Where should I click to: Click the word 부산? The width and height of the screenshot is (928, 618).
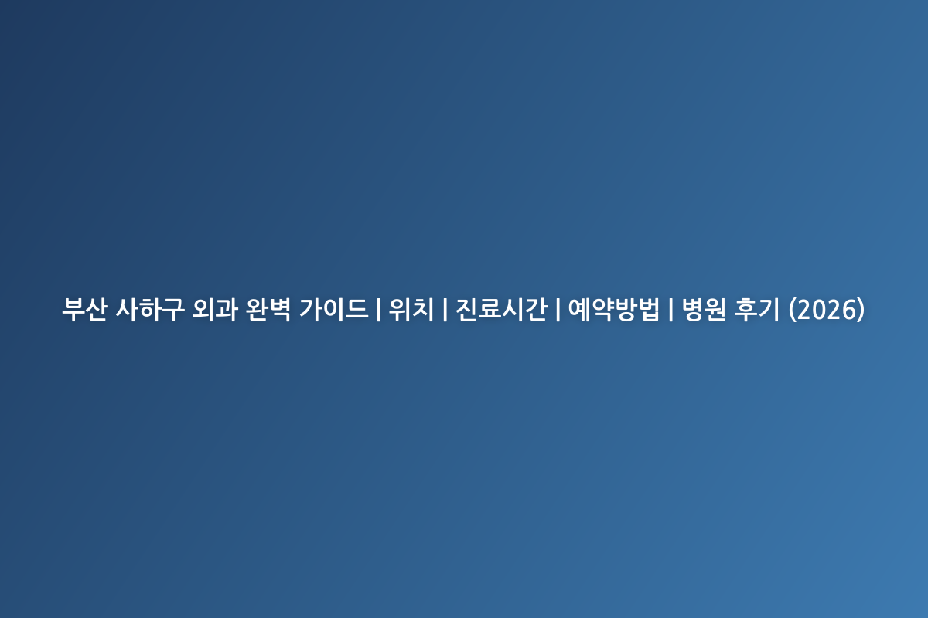[x=85, y=310]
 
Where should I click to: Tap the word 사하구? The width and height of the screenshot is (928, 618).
[x=150, y=310]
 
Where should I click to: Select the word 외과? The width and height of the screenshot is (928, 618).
[x=215, y=310]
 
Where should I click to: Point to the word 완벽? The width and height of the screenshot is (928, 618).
[x=268, y=310]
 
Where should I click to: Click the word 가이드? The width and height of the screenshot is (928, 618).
[x=333, y=310]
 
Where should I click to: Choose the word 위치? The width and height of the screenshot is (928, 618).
[x=411, y=310]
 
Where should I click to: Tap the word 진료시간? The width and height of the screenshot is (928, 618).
[x=501, y=310]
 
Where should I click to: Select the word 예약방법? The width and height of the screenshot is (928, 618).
[x=613, y=310]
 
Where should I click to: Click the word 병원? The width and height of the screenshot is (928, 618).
[x=704, y=310]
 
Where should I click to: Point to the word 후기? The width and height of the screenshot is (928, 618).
[x=756, y=310]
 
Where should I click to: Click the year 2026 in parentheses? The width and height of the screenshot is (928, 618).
[x=827, y=310]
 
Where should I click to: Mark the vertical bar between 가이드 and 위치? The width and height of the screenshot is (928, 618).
[x=378, y=310]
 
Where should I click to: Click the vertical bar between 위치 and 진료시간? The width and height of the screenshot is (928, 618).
[x=445, y=310]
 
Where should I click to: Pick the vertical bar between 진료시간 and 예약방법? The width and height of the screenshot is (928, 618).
[x=558, y=310]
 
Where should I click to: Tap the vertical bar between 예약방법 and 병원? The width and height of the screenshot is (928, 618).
[x=670, y=310]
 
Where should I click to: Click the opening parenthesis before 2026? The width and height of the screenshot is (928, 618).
[x=792, y=310]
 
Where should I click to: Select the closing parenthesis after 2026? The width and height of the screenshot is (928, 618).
[x=861, y=310]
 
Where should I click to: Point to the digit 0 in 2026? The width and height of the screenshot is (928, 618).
[x=819, y=310]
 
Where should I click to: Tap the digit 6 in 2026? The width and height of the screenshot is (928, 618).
[x=850, y=310]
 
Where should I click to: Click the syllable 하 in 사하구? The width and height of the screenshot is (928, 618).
[x=150, y=310]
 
